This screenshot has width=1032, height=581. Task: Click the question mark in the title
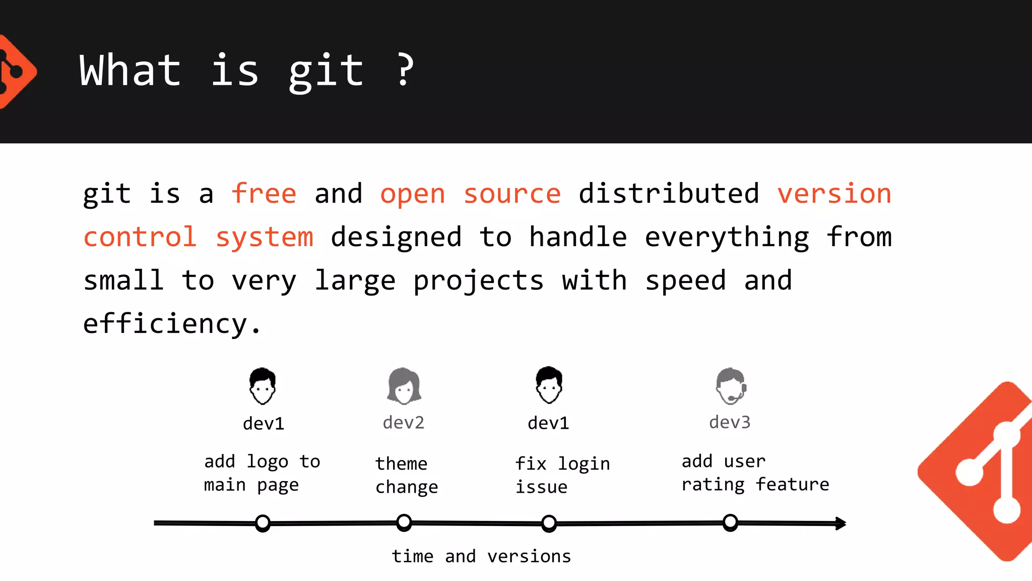coord(405,70)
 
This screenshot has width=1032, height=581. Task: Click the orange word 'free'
coord(264,194)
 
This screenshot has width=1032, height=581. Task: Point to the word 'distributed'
coord(669,194)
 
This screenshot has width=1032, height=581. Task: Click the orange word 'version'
coord(834,194)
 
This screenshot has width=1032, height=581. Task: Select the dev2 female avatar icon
coord(404,386)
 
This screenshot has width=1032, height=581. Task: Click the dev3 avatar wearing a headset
coord(731,386)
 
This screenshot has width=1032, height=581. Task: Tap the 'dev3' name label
coord(730,422)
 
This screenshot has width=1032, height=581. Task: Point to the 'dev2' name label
coord(404,423)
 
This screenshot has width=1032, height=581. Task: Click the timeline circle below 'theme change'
coord(404,522)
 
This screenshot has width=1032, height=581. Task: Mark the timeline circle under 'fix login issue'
coord(549,523)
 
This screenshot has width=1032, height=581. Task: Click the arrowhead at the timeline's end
coord(841,524)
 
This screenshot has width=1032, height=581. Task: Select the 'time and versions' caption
coord(481,556)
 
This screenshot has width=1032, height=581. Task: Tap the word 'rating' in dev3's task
coord(713,485)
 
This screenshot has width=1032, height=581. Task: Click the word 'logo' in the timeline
coord(267,462)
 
